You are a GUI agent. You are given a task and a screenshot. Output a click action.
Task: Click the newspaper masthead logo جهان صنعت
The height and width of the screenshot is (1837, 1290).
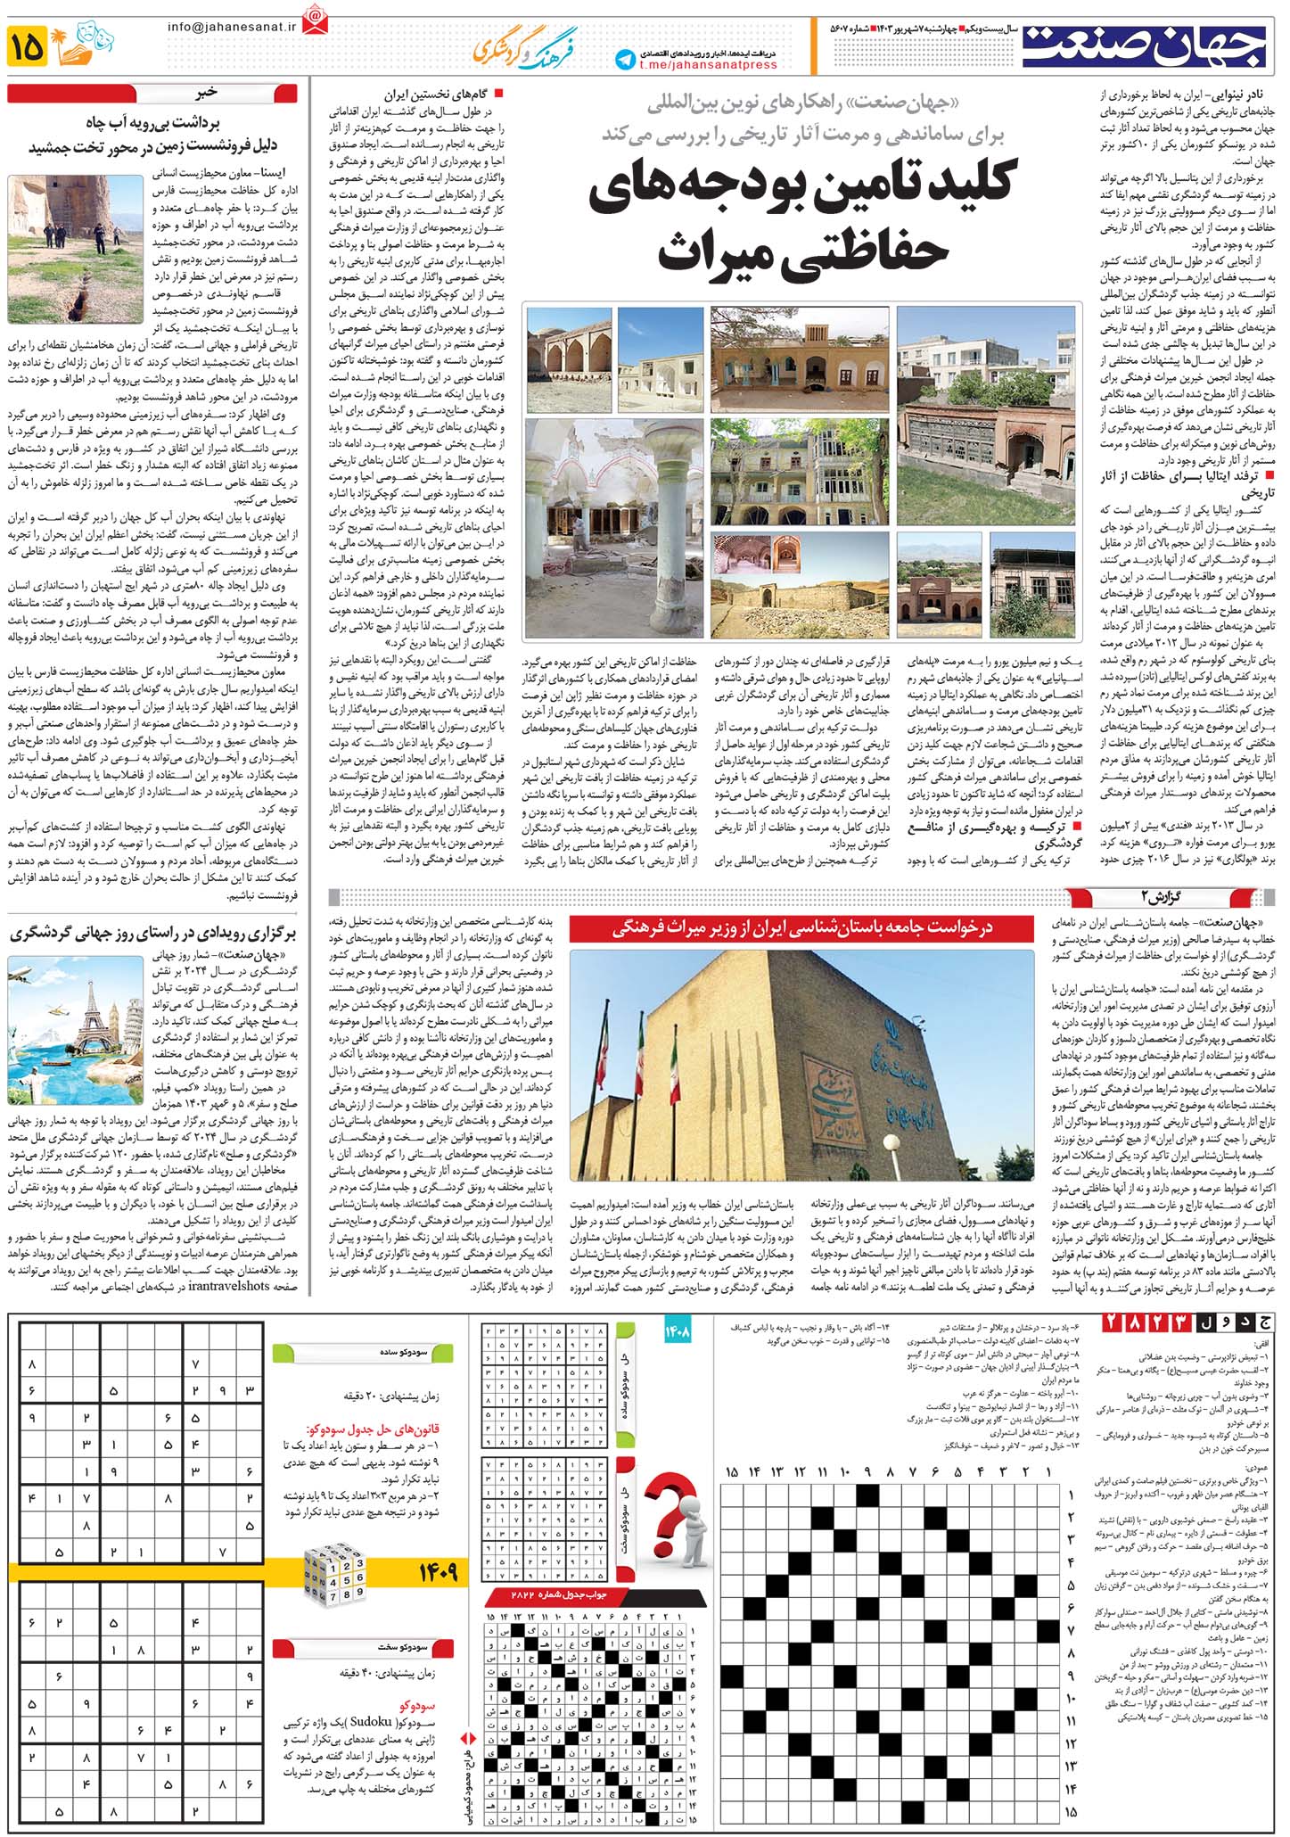(1144, 46)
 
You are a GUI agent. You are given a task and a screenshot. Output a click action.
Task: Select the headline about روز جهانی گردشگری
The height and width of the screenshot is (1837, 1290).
(152, 934)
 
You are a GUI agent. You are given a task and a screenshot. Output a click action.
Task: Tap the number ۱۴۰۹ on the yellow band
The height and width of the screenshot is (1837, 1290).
(436, 1572)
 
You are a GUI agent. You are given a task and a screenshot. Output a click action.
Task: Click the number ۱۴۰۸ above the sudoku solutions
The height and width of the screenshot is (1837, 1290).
(678, 1332)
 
